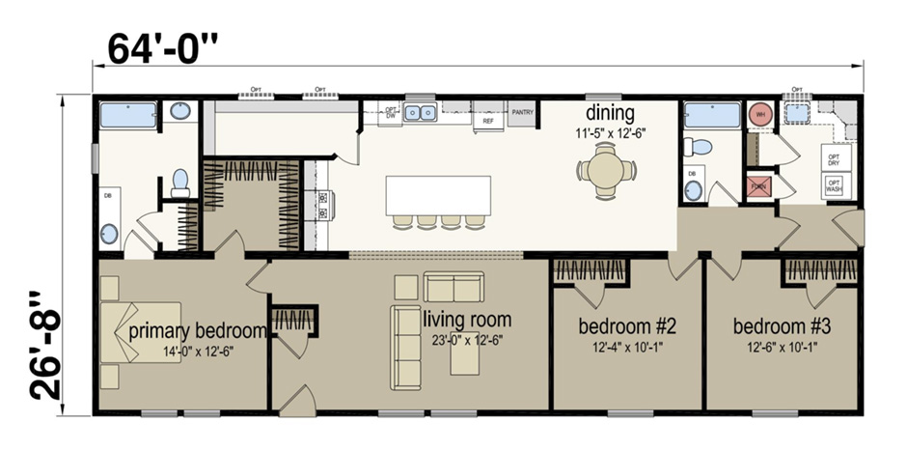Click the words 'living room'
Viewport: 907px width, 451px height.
click(x=467, y=320)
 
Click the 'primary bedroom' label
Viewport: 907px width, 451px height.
click(x=197, y=331)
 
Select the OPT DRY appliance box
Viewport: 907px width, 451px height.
click(x=834, y=158)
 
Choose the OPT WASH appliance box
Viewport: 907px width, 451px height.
click(x=834, y=185)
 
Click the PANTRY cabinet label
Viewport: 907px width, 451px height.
click(x=523, y=113)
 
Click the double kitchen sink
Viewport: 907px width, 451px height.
click(x=421, y=113)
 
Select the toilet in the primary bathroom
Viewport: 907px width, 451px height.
click(x=179, y=182)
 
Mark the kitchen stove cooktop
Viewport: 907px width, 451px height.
click(x=323, y=205)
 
